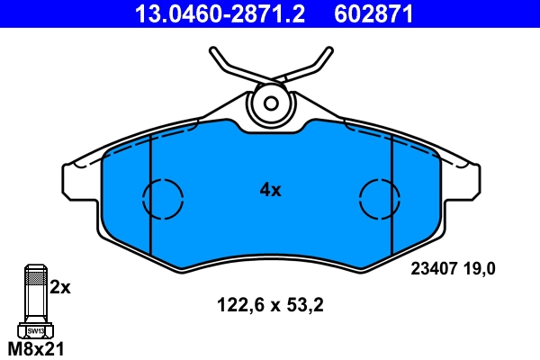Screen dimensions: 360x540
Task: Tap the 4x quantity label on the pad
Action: tap(270, 190)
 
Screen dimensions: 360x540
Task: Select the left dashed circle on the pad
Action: tap(163, 195)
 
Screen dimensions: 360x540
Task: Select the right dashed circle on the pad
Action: tap(379, 195)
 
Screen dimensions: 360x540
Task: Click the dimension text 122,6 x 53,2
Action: tap(270, 304)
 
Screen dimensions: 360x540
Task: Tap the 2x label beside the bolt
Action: tap(59, 287)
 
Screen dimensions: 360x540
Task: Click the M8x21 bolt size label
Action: tap(35, 349)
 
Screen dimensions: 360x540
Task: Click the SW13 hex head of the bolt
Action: tap(34, 330)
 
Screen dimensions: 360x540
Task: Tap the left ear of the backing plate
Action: tap(76, 180)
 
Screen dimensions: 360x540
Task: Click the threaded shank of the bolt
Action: tap(34, 292)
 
